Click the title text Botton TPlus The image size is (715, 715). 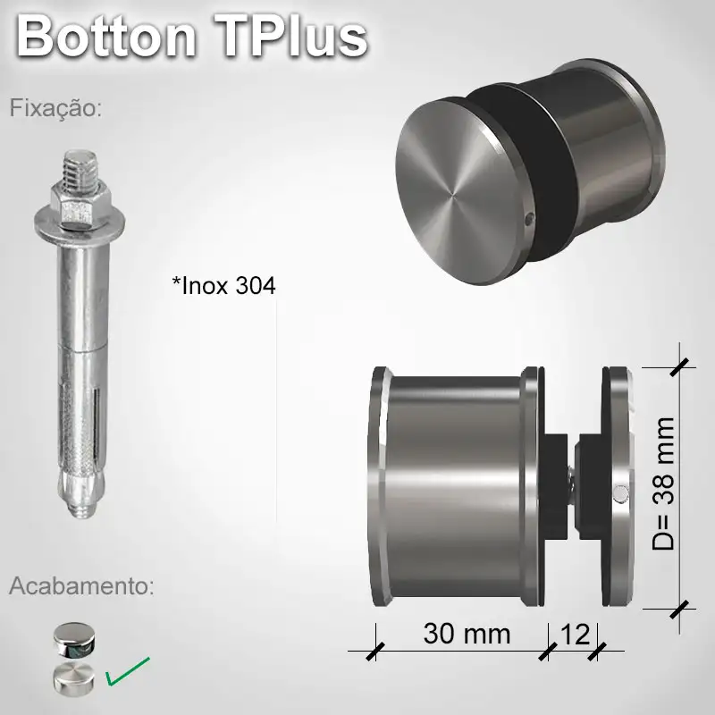[x=192, y=36]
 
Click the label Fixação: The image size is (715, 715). [x=56, y=109]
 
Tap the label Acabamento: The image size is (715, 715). [x=81, y=586]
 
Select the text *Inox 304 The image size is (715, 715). [x=223, y=286]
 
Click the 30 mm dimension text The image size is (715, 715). [x=467, y=634]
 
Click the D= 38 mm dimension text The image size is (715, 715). [x=662, y=484]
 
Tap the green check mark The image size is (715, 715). [x=128, y=672]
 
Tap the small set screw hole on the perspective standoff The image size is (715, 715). [x=529, y=217]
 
